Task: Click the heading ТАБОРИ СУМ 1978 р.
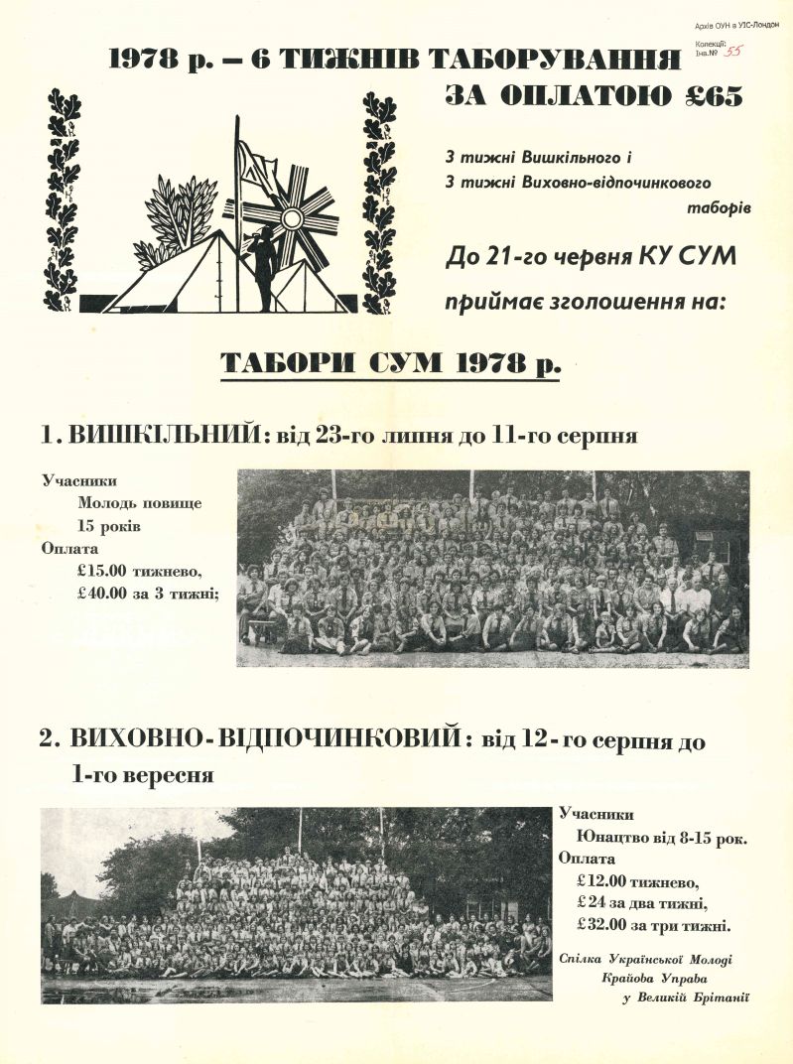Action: click(x=389, y=363)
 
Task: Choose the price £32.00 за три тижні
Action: click(x=653, y=926)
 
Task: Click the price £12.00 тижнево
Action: click(x=638, y=880)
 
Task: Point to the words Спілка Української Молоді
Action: click(x=656, y=959)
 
